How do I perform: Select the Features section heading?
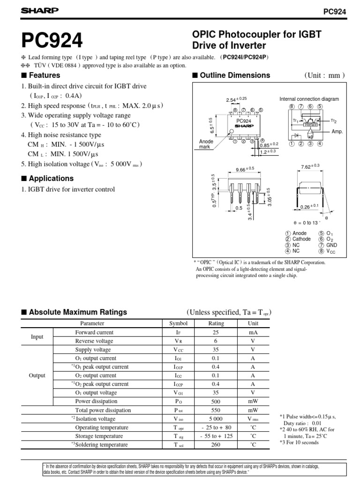(44, 75)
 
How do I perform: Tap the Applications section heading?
(51, 179)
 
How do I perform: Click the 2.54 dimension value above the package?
(233, 99)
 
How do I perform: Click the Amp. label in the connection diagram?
(337, 132)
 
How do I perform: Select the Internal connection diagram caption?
(309, 99)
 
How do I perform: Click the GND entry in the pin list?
(331, 245)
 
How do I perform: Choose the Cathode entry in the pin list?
(301, 239)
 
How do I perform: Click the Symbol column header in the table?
(178, 323)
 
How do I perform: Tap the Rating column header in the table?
(216, 323)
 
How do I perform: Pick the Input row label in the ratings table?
(37, 337)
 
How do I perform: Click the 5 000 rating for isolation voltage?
(216, 419)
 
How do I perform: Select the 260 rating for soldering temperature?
(216, 444)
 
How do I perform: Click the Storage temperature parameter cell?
(102, 436)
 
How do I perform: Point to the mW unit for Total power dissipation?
(253, 410)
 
